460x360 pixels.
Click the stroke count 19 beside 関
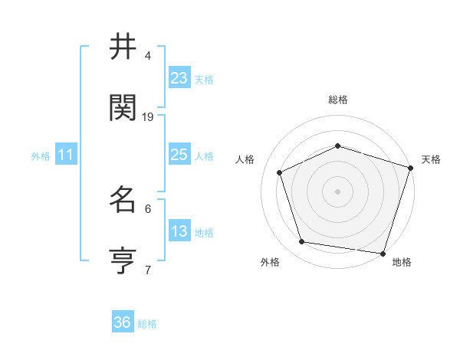[x=148, y=116]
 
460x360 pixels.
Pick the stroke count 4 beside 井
[x=148, y=56]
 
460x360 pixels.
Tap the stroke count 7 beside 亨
[x=148, y=270]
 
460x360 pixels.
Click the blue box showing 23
[x=179, y=78]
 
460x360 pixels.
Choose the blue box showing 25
[x=179, y=155]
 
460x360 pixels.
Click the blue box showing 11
[x=66, y=155]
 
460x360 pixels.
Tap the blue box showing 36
[x=123, y=322]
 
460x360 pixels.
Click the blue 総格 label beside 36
[x=147, y=324]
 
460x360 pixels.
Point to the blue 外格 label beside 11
[x=41, y=156]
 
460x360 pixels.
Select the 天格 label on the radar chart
[x=431, y=159]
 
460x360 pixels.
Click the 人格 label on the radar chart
[x=245, y=159]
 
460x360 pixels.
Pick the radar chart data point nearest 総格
[x=337, y=146]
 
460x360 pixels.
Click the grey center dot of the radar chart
[x=337, y=191]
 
